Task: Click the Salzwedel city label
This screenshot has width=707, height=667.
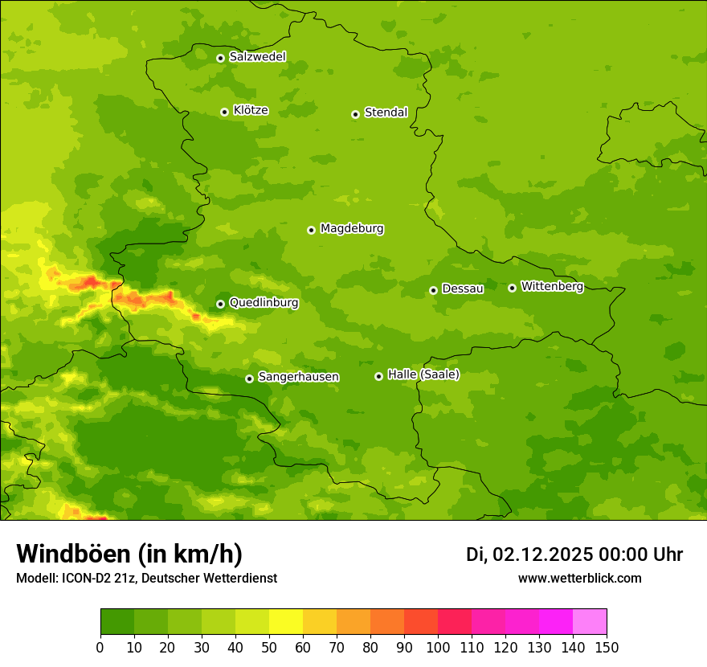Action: (x=257, y=57)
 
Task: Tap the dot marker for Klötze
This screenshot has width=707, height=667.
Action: (x=224, y=112)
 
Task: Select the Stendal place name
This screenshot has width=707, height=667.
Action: (x=386, y=113)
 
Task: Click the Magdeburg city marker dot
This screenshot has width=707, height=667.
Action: (x=311, y=230)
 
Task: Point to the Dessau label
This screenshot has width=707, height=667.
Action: (x=463, y=288)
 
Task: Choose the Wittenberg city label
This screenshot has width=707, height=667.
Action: (x=552, y=286)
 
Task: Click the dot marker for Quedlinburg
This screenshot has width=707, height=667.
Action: (x=220, y=304)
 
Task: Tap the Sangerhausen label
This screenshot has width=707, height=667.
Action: (x=298, y=377)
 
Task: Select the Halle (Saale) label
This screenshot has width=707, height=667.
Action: (x=423, y=374)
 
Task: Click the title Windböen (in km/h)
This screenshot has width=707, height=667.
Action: (x=129, y=554)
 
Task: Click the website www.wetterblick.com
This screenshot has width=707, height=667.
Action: (x=579, y=578)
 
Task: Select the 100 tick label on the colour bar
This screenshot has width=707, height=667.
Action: (x=438, y=648)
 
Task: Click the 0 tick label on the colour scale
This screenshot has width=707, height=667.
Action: (x=100, y=648)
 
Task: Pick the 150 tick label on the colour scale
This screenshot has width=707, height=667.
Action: (x=607, y=648)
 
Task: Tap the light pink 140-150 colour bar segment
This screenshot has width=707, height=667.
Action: (x=590, y=622)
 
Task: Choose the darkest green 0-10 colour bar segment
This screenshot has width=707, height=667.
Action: (x=117, y=622)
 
